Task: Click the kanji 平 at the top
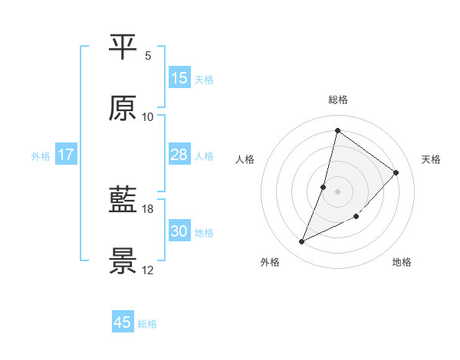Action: click(123, 47)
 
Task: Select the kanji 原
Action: click(123, 109)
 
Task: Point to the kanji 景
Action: click(123, 262)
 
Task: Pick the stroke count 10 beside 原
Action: click(148, 116)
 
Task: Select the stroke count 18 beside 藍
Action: click(148, 208)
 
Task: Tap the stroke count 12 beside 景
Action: click(148, 270)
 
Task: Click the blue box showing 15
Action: click(179, 78)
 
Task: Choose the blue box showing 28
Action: click(179, 155)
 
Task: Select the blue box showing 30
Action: click(179, 231)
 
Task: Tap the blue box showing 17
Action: click(66, 155)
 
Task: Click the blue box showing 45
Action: click(123, 322)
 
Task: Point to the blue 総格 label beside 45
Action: click(147, 324)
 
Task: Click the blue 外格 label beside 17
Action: click(41, 156)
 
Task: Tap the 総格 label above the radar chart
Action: click(338, 100)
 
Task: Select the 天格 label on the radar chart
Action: click(431, 159)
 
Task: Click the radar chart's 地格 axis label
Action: click(402, 263)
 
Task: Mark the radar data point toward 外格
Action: click(302, 242)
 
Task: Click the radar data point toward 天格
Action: click(396, 172)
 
